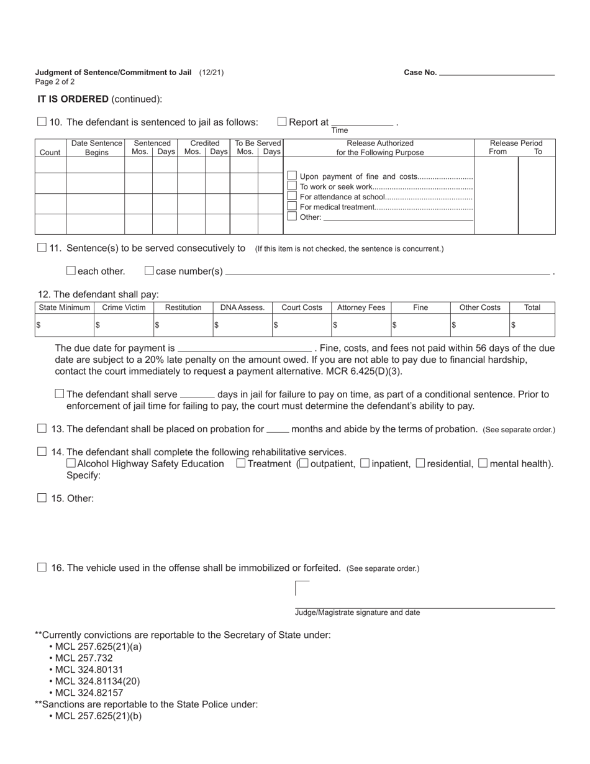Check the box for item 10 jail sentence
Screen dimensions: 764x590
[42, 122]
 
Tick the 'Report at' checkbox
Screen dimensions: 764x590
[282, 122]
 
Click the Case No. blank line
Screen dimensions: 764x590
[497, 73]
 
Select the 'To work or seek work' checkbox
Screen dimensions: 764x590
[292, 186]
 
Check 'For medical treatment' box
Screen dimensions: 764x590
[292, 206]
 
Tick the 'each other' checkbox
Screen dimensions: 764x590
[71, 271]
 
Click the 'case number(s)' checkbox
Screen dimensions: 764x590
[149, 271]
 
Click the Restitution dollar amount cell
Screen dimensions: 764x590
[183, 325]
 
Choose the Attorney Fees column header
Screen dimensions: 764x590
[361, 307]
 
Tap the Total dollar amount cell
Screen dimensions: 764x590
[532, 325]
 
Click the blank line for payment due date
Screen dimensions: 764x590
[245, 348]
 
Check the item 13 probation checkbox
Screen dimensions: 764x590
[42, 429]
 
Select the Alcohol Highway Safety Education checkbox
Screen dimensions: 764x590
[71, 463]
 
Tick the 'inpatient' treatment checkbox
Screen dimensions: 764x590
[365, 463]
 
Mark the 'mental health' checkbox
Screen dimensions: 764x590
[483, 463]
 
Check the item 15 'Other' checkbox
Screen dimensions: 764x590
[42, 498]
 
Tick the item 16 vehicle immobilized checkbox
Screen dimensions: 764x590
[42, 567]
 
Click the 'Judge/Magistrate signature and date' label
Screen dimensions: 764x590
[357, 612]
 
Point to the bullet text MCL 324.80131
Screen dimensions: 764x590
[89, 670]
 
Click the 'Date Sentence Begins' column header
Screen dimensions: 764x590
[96, 148]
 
